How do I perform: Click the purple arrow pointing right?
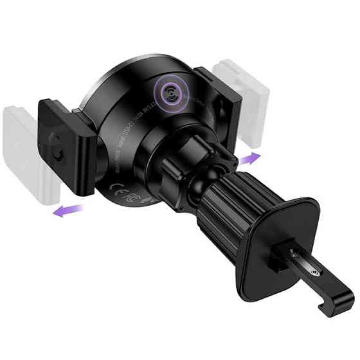click(x=250, y=157)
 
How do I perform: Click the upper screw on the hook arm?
click(x=294, y=254)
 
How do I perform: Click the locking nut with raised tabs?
click(x=193, y=151)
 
